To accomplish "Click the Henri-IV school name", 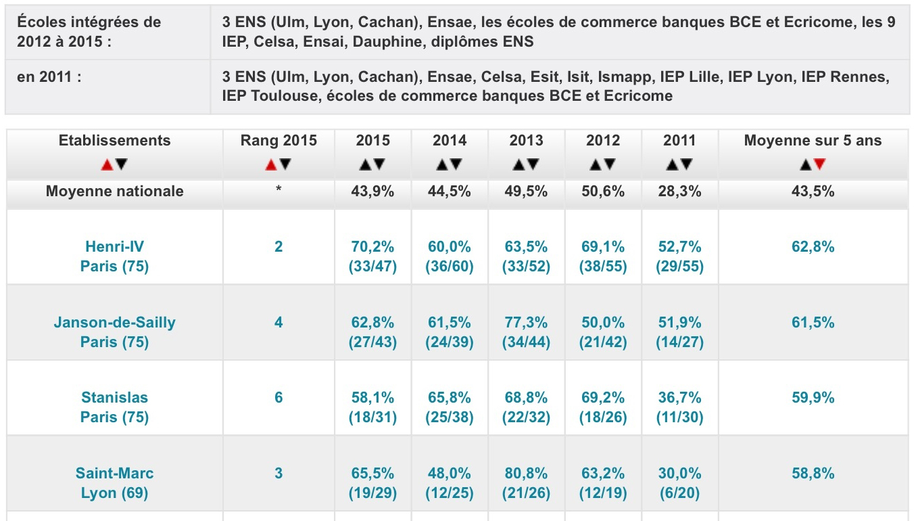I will tap(114, 246).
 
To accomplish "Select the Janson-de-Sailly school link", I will tap(114, 322).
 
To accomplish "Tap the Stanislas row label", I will tap(114, 397).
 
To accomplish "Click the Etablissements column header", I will tap(114, 141).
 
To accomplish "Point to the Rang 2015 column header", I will tap(279, 141).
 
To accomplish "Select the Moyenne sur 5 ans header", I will tap(813, 141).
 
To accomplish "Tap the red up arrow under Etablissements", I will tap(107, 164).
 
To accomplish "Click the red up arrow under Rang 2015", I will tap(271, 164).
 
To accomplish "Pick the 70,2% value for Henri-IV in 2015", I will tap(373, 247).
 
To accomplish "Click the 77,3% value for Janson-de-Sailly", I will tap(526, 323).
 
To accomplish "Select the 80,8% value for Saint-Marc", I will tap(526, 474).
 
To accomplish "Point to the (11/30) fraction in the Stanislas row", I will tap(679, 417).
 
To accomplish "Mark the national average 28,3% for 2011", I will tap(679, 191).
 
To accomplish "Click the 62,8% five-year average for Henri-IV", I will tap(813, 247).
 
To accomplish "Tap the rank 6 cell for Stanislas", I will tap(279, 397).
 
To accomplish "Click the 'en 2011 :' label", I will tap(49, 76).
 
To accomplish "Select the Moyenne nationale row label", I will tap(114, 191).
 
